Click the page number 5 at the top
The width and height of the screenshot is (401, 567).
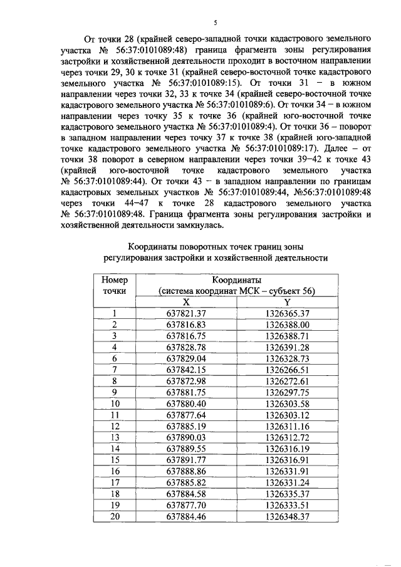point(214,23)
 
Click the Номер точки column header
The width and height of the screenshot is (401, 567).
point(114,285)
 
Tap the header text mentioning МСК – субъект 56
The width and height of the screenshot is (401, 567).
point(236,291)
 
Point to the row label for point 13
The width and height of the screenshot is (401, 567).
point(114,437)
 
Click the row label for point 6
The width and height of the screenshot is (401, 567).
point(114,358)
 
